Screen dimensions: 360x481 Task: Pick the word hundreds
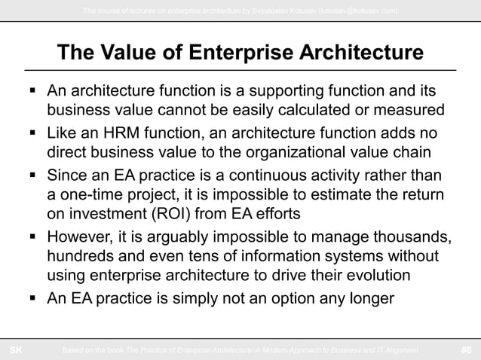82,257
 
